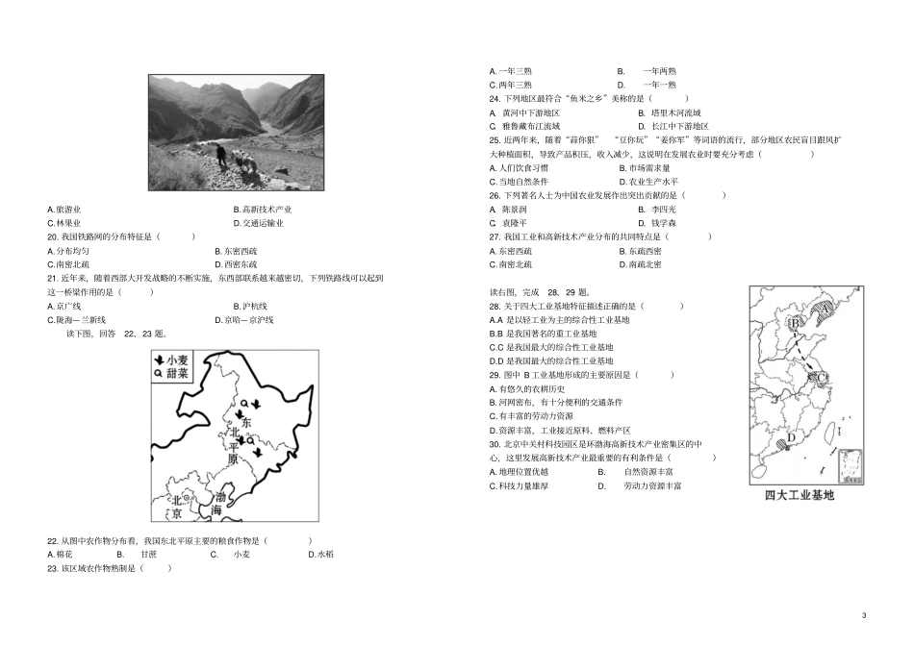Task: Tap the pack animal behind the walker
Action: coord(246,161)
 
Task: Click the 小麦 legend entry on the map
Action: coord(174,360)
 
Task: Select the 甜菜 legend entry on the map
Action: coord(174,374)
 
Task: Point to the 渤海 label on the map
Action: coord(221,503)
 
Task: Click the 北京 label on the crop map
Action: coord(177,507)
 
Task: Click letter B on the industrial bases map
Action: coord(795,324)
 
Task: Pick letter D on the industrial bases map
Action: coord(791,437)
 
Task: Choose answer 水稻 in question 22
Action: coord(317,555)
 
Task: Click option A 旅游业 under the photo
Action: coord(64,209)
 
